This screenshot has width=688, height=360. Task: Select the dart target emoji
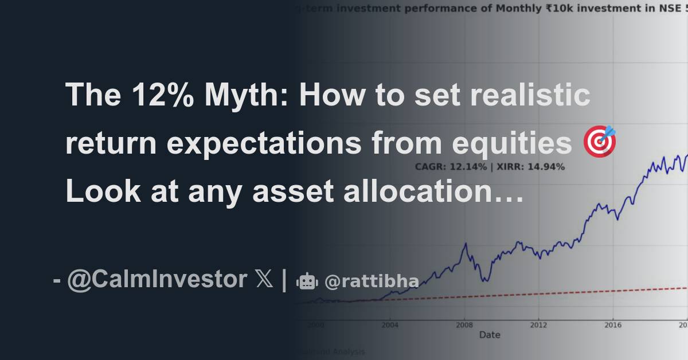600,142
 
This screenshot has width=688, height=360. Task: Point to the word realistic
530,95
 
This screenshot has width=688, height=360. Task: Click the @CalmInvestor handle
157,280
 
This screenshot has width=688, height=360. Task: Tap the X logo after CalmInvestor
264,280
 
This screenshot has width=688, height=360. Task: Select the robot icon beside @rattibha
307,281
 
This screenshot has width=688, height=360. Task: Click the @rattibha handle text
371,281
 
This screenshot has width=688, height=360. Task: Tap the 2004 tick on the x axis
390,324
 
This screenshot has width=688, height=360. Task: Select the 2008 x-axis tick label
464,324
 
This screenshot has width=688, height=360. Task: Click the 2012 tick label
538,324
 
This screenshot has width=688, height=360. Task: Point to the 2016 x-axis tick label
612,324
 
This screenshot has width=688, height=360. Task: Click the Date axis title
489,334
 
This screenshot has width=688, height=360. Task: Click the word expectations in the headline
263,143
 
